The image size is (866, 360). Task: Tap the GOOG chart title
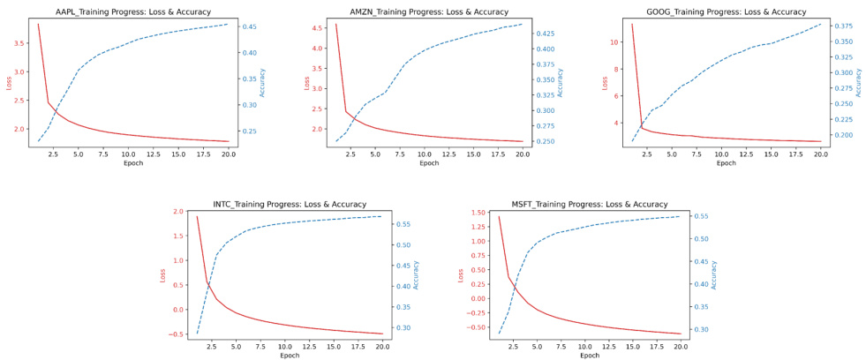tap(727, 12)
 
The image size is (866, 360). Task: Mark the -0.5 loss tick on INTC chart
tap(175, 334)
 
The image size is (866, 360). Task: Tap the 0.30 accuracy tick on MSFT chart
tap(702, 329)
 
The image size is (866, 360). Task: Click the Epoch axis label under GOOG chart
tap(727, 163)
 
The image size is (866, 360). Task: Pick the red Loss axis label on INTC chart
tap(162, 274)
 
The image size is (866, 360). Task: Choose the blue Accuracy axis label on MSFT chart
tap(713, 274)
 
